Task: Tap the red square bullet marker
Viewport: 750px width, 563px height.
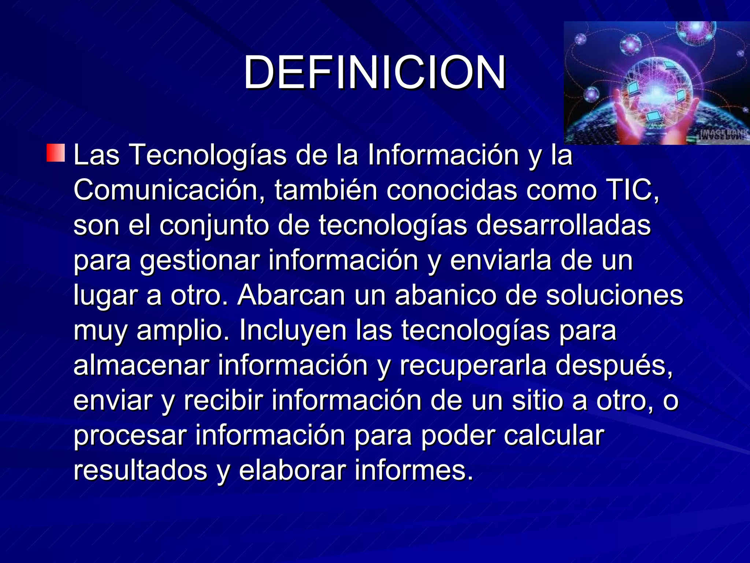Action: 56,153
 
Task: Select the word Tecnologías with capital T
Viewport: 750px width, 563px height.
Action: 208,155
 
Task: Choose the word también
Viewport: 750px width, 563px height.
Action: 326,190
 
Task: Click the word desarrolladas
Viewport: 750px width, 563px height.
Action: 563,225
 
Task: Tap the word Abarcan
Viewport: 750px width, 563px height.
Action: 291,295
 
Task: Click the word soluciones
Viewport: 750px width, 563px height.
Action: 615,295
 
